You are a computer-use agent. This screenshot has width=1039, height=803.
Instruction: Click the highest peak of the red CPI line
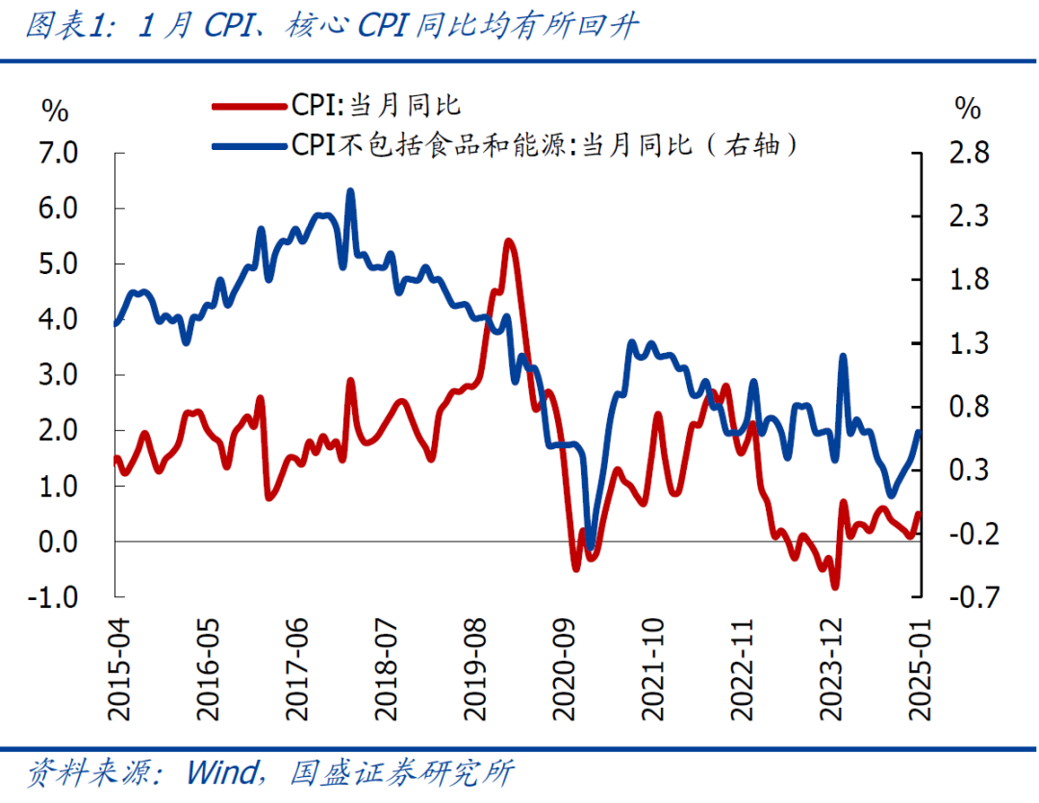point(509,241)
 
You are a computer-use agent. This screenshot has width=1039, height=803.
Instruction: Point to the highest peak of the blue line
point(350,191)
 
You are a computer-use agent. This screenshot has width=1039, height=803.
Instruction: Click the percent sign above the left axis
point(56,111)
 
